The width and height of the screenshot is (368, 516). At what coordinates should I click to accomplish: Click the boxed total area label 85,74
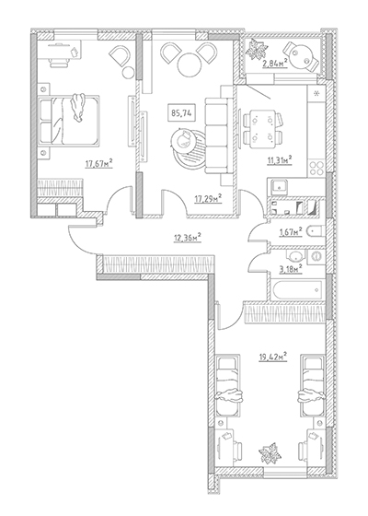click(181, 112)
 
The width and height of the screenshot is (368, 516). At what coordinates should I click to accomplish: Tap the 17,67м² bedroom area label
click(99, 163)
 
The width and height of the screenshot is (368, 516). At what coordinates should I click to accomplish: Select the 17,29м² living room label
click(208, 198)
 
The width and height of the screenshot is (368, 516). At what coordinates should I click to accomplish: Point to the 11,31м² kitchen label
click(279, 160)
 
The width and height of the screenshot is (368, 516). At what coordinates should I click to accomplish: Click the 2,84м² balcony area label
click(275, 63)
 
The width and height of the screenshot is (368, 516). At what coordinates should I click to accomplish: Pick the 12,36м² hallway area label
click(188, 238)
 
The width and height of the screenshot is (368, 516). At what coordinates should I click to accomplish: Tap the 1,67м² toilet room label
click(291, 232)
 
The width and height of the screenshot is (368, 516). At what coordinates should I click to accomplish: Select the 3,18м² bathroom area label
click(291, 269)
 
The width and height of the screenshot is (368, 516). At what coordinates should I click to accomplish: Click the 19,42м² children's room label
click(273, 357)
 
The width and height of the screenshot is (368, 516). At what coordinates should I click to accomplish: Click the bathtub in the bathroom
click(296, 290)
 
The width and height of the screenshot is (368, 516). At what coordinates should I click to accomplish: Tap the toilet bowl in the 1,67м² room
click(316, 231)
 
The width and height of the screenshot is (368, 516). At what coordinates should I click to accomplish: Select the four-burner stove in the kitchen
click(316, 168)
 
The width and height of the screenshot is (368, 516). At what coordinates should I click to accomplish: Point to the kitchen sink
click(279, 188)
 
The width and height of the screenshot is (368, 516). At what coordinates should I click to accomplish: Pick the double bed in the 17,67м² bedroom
click(68, 120)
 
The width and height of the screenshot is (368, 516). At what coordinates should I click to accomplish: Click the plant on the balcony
click(255, 49)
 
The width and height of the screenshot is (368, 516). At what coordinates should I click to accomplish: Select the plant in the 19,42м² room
click(270, 453)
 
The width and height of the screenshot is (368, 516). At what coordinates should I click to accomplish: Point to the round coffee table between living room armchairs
click(190, 64)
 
